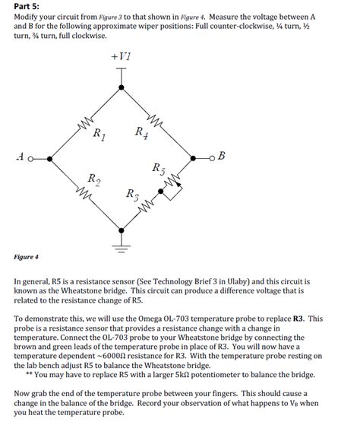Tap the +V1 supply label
121,57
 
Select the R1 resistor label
99,135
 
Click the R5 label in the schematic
157,167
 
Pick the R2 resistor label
92,179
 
